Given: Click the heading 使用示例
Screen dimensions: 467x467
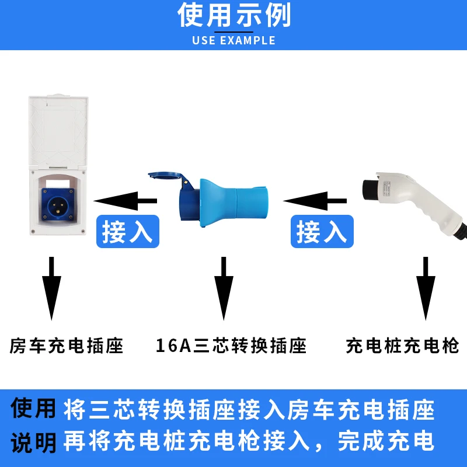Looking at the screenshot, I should click(x=233, y=16).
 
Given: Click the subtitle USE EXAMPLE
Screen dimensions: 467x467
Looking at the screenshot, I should click(x=233, y=41).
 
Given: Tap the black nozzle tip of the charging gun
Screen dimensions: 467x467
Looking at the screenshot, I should click(x=369, y=187).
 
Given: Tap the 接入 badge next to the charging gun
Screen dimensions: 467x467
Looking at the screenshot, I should click(x=322, y=232).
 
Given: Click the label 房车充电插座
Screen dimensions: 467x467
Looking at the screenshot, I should click(x=67, y=346).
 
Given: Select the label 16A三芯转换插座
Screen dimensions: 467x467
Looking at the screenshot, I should click(x=231, y=346).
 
